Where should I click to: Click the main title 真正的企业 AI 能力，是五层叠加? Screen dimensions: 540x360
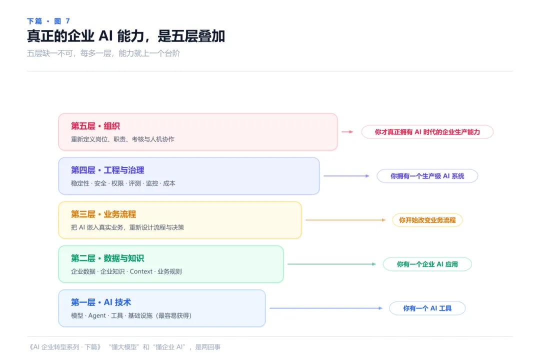[x=126, y=36]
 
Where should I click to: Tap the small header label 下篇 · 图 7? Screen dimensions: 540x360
[x=48, y=21]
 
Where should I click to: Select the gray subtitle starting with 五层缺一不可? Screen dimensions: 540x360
[x=103, y=53]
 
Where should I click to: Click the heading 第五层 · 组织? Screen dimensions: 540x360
[x=95, y=126]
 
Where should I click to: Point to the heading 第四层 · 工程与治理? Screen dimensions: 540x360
[x=107, y=170]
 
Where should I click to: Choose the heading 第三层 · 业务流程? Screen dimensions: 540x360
[x=103, y=214]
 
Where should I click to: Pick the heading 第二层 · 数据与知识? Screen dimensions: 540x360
[x=107, y=258]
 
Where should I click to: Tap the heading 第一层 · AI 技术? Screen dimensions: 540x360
[x=101, y=302]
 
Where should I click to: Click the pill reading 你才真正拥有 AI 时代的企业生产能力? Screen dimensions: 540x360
[x=427, y=132]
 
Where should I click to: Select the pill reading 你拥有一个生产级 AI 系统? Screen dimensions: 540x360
[x=427, y=176]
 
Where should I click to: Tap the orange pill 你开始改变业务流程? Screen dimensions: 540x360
[x=427, y=220]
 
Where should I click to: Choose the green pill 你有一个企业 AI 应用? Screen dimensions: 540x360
[x=427, y=264]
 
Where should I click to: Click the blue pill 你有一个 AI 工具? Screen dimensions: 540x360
[x=427, y=308]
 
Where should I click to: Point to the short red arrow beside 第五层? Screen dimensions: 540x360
[x=347, y=132]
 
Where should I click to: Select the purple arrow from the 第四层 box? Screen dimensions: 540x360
[x=346, y=176]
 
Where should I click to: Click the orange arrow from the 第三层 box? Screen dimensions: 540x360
[x=346, y=220]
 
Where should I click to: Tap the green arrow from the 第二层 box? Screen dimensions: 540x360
[x=332, y=264]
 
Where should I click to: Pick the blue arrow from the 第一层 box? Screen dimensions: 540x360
[x=326, y=308]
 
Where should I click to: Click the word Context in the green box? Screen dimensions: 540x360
[x=141, y=271]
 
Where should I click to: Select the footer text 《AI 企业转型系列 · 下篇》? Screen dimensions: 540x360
[x=65, y=347]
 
